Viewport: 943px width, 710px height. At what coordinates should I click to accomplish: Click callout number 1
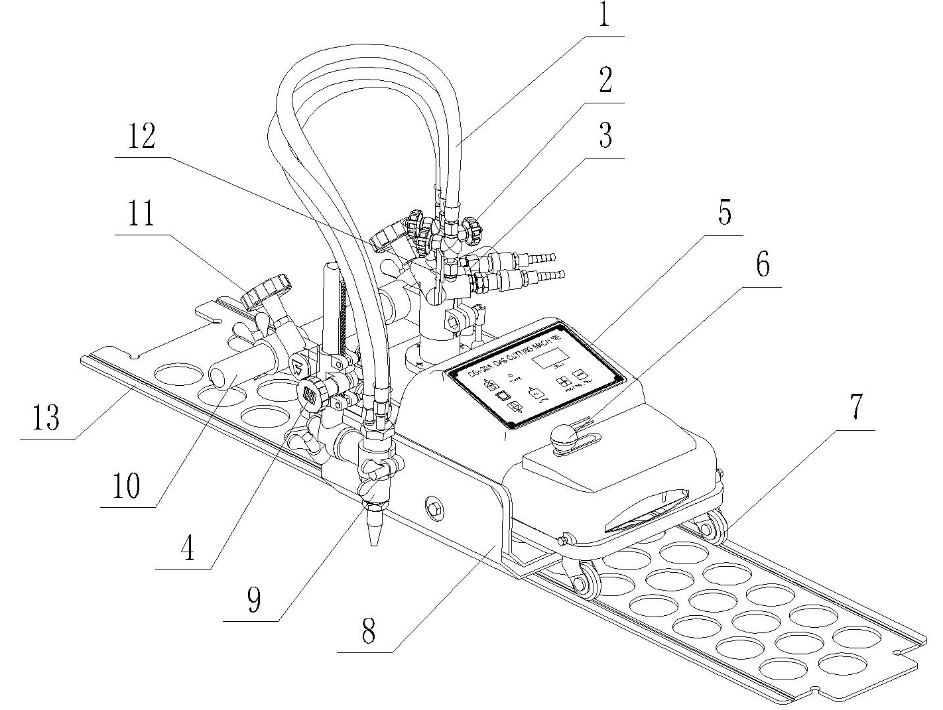pos(603,16)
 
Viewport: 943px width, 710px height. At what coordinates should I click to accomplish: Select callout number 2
pos(603,81)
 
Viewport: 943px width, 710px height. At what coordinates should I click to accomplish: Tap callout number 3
pos(603,135)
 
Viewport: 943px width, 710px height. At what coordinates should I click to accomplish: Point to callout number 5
pos(724,213)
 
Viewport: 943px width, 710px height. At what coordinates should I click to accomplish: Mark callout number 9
pos(254,599)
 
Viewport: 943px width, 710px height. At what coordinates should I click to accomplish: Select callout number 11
pos(141,215)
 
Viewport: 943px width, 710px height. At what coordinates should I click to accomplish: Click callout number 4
pos(189,548)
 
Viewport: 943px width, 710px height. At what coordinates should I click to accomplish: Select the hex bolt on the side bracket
pos(436,508)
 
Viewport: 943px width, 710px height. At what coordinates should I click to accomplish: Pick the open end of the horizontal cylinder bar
pos(218,378)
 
